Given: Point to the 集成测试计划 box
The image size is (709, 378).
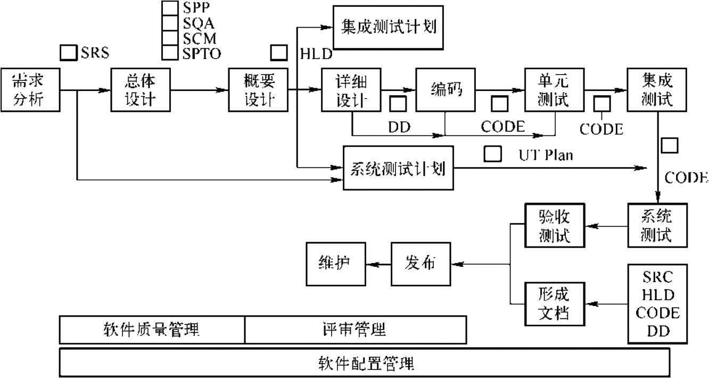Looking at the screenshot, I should [388, 26].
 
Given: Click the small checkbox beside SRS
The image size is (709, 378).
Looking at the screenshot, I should [68, 52].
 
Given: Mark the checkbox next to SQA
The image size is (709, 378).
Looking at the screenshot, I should [170, 23].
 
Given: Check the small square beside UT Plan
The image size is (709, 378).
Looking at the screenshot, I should [492, 154].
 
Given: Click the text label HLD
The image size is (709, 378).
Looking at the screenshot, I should [316, 54].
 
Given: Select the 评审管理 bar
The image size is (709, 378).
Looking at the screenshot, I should [355, 330].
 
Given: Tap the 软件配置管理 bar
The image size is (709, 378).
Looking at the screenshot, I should [364, 364].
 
